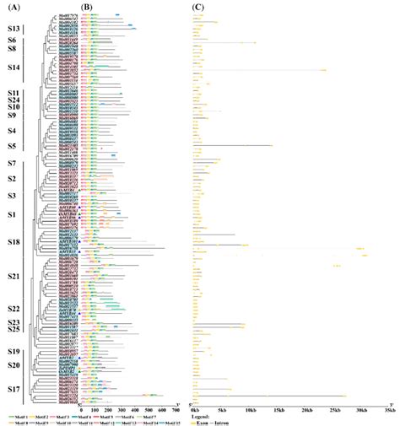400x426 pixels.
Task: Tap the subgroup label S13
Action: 14,29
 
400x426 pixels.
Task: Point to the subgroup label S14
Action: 14,67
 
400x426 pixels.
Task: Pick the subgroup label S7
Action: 12,163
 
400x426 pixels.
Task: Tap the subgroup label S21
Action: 14,277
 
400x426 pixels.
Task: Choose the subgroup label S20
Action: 14,364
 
